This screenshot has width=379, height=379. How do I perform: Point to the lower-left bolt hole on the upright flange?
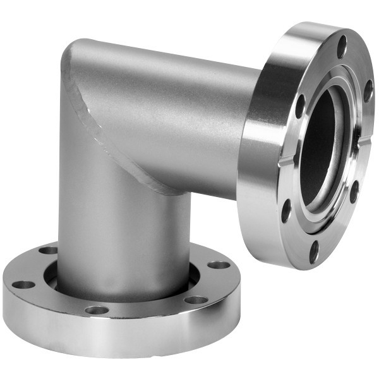pyautogui.click(x=286, y=210)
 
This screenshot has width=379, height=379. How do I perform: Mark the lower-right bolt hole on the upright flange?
pyautogui.click(x=354, y=191)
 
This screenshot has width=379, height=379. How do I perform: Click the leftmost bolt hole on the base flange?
pyautogui.click(x=23, y=284)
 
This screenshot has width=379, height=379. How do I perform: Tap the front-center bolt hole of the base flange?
pyautogui.click(x=97, y=310)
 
